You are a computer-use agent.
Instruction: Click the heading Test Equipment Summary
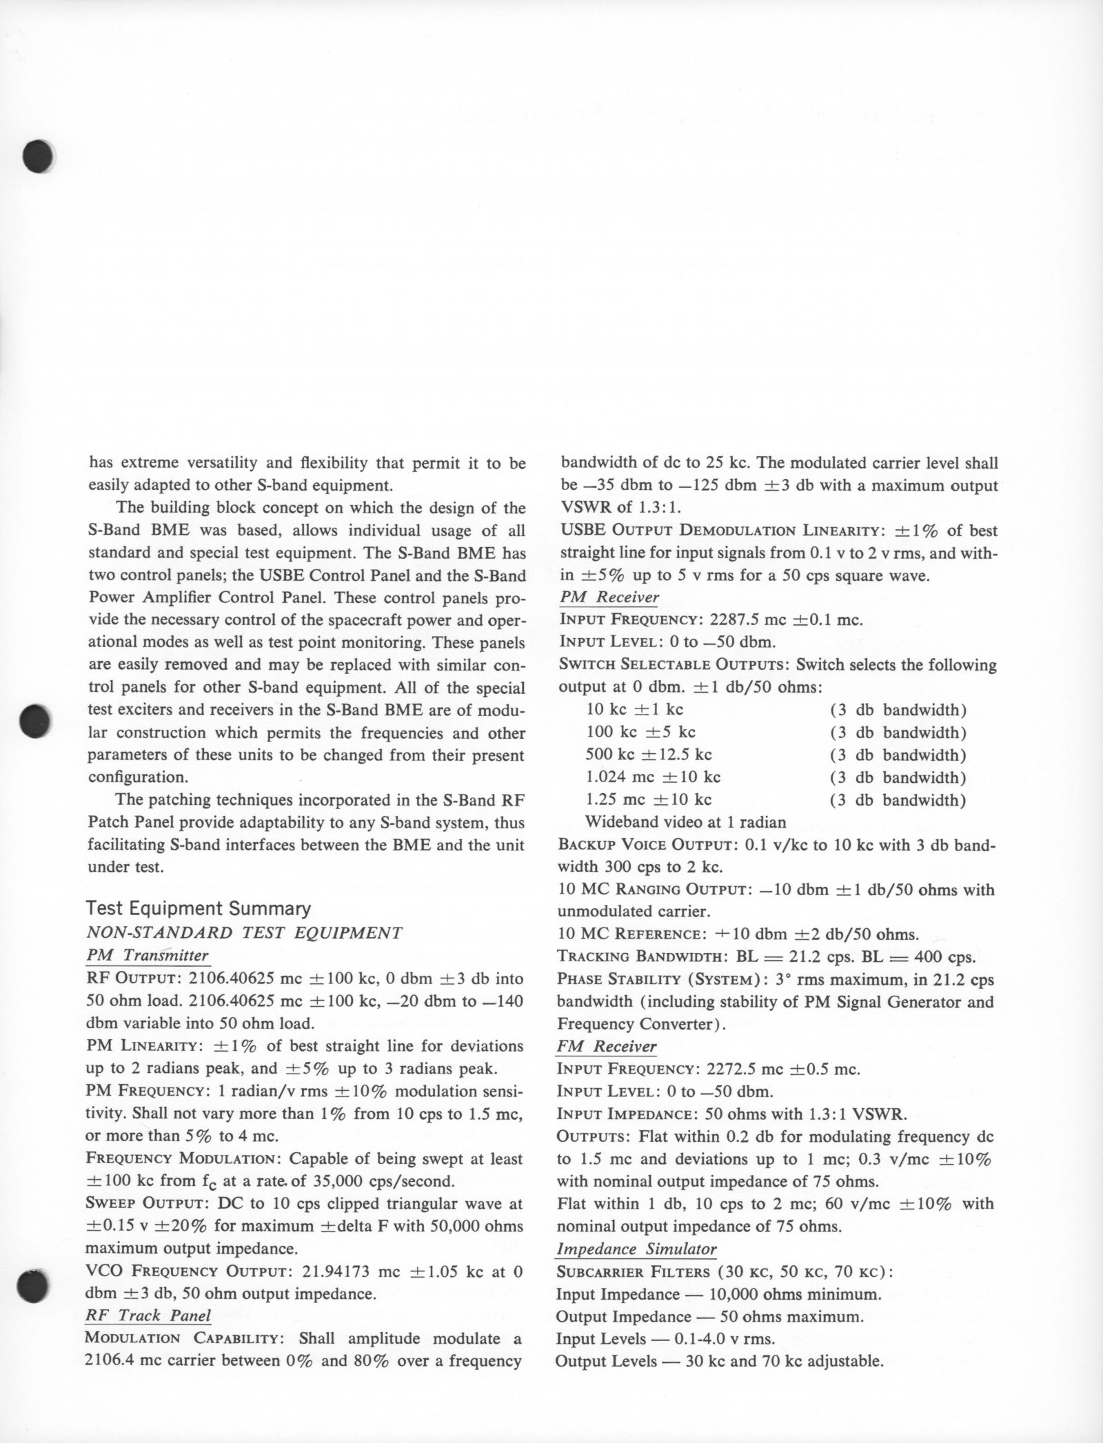199,908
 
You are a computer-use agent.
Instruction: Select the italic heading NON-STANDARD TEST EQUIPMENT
244,932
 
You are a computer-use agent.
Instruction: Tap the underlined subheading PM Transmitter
147,955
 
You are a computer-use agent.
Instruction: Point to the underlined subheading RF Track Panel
148,1315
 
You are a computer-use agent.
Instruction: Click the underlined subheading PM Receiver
609,597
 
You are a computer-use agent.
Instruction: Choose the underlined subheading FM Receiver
606,1046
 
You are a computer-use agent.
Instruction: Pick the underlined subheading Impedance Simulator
636,1249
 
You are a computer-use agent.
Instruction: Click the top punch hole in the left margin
38,156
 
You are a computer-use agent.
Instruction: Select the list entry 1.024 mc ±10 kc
653,777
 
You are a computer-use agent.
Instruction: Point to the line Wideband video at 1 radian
685,822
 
